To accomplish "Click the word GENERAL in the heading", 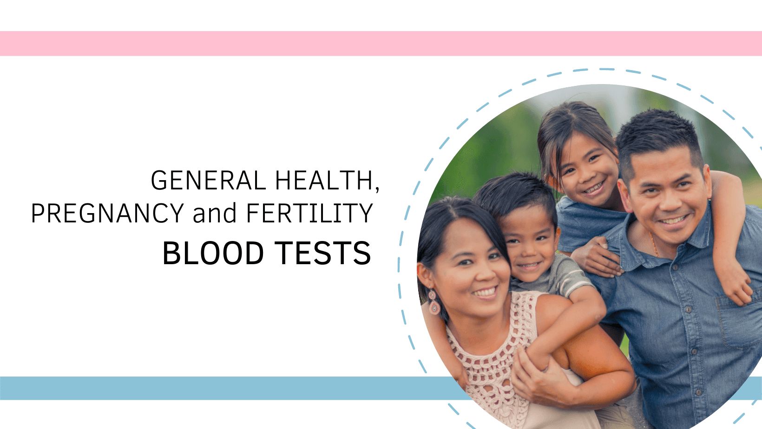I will click(209, 181).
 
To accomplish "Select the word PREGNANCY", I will click(107, 214).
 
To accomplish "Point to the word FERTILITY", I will click(309, 214).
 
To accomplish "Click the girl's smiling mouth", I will click(593, 188).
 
